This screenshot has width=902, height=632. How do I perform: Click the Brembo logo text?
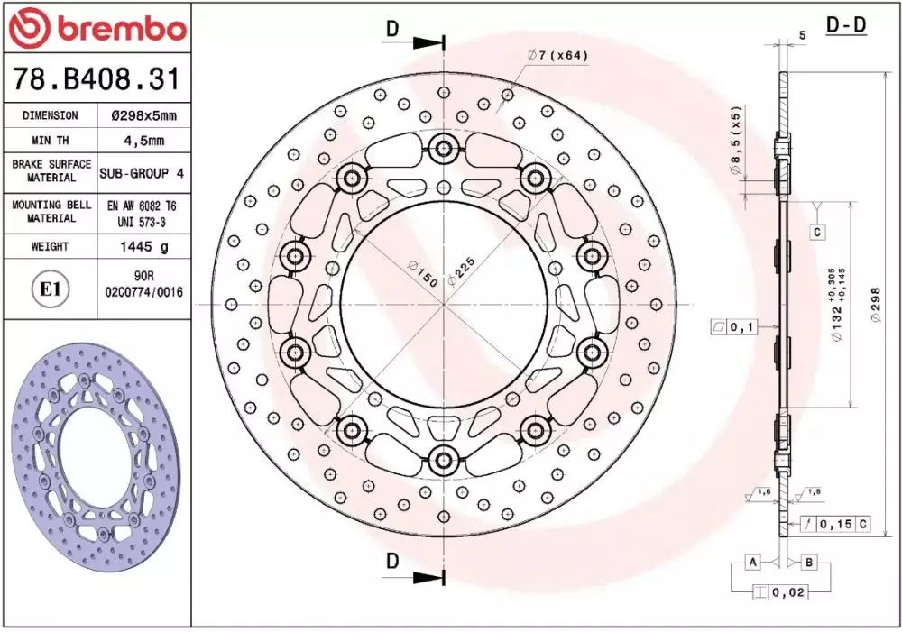click(x=122, y=27)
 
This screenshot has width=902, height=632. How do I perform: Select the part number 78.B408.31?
click(x=97, y=78)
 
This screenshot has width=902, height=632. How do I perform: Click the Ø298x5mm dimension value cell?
click(x=143, y=115)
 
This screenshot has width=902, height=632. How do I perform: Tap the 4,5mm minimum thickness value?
click(x=143, y=141)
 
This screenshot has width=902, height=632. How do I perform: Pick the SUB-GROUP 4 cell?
click(x=143, y=173)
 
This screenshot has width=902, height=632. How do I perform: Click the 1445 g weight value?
click(x=143, y=247)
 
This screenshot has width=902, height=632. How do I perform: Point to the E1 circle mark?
click(x=50, y=289)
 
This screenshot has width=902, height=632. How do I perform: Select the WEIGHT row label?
click(x=50, y=247)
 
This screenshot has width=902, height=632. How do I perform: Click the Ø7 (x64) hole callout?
click(x=557, y=55)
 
